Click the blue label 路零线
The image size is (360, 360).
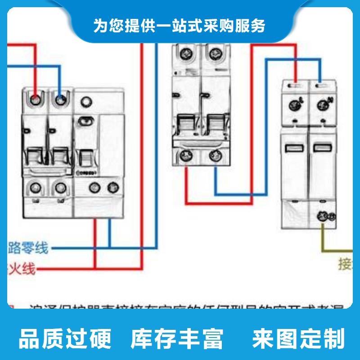(x=28, y=247)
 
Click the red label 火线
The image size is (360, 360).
(x=21, y=269)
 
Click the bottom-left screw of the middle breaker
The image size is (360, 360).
(x=185, y=156)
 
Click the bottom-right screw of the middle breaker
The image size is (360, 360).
(x=214, y=156)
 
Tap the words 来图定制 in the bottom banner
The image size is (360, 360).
(x=298, y=338)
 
